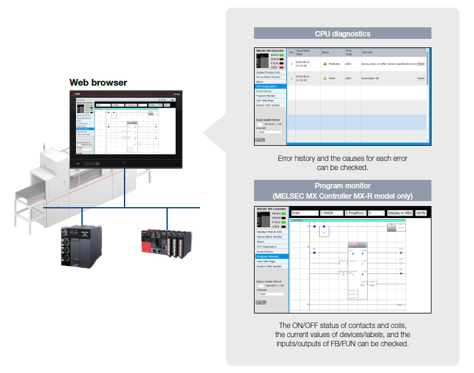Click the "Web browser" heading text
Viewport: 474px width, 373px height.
pyautogui.click(x=98, y=83)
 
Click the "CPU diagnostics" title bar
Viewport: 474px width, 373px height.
pyautogui.click(x=342, y=33)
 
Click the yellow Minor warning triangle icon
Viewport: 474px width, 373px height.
pyautogui.click(x=325, y=78)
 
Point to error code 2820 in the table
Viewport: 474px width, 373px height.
pyautogui.click(x=348, y=64)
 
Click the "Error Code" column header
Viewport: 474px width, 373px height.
pyautogui.click(x=349, y=53)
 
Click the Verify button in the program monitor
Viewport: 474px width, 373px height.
pyautogui.click(x=421, y=213)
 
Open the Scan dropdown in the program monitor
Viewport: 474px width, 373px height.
pyautogui.click(x=304, y=213)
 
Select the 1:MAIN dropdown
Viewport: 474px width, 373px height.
pyautogui.click(x=332, y=213)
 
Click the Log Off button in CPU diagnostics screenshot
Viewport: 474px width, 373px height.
pyautogui.click(x=260, y=139)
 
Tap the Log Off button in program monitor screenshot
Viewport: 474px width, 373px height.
pyautogui.click(x=260, y=302)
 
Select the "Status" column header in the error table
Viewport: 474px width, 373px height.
pyautogui.click(x=325, y=53)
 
